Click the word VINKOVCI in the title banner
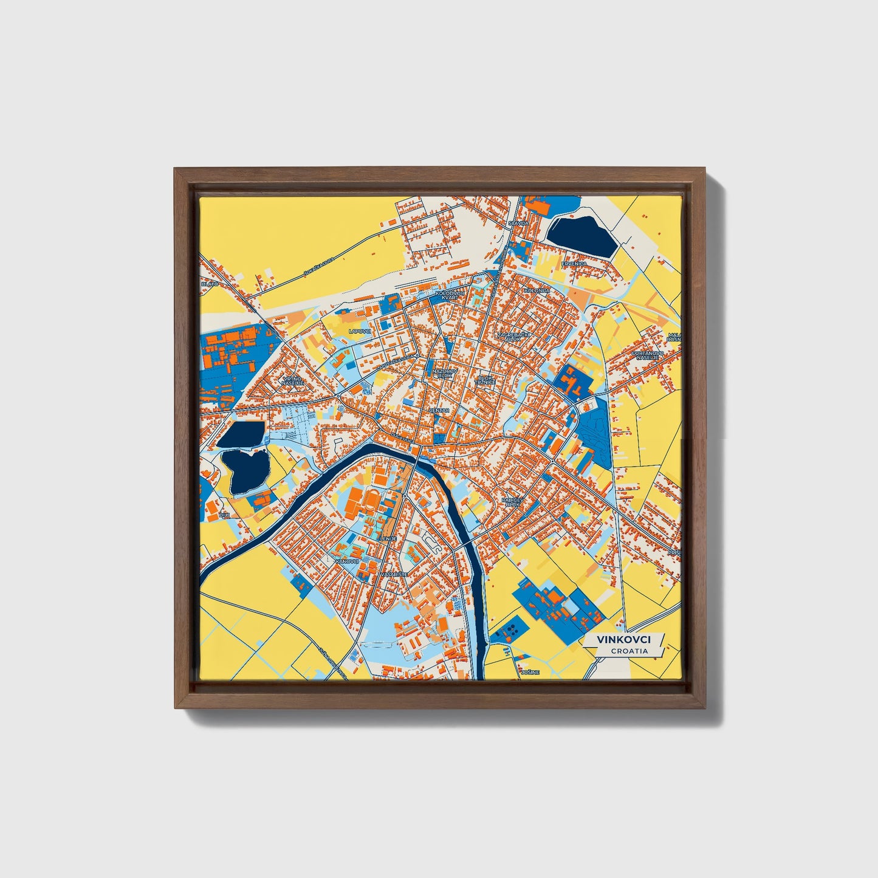click(623, 640)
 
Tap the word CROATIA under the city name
click(629, 651)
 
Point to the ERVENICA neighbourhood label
click(574, 264)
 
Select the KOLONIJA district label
click(537, 290)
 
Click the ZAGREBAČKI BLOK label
click(509, 336)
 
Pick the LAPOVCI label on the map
click(359, 331)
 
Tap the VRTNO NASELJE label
click(292, 381)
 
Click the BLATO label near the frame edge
click(210, 284)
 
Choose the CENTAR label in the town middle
click(439, 410)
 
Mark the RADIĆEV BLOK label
click(512, 502)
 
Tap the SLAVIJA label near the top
click(519, 223)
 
